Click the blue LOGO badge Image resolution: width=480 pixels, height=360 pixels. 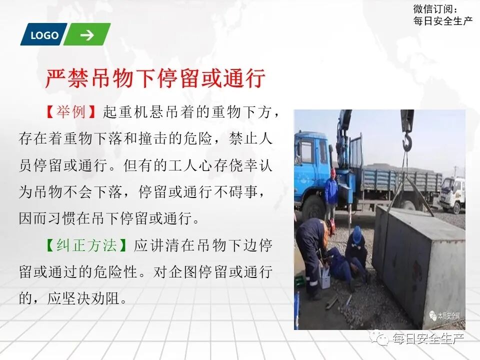(43, 35)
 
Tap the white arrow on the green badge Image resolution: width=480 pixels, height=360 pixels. (87, 35)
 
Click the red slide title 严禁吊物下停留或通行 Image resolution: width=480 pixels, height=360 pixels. (155, 78)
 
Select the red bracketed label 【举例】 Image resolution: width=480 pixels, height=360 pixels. (71, 112)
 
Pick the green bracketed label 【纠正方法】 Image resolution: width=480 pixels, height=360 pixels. (88, 245)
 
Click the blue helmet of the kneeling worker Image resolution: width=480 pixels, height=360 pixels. (357, 232)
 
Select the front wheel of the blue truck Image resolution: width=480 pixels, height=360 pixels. (313, 207)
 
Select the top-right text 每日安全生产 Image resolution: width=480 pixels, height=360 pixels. (443, 21)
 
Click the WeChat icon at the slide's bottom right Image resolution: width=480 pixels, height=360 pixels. (383, 339)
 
